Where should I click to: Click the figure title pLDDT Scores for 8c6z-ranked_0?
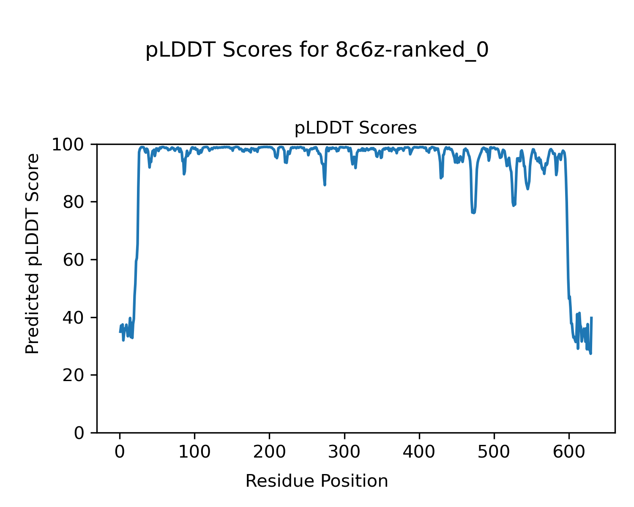317,51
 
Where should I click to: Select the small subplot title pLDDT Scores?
355,128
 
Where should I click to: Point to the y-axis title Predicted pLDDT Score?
33,253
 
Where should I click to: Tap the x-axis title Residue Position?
317,481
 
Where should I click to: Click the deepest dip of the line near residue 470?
473,213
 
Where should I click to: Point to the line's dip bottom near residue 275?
325,185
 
